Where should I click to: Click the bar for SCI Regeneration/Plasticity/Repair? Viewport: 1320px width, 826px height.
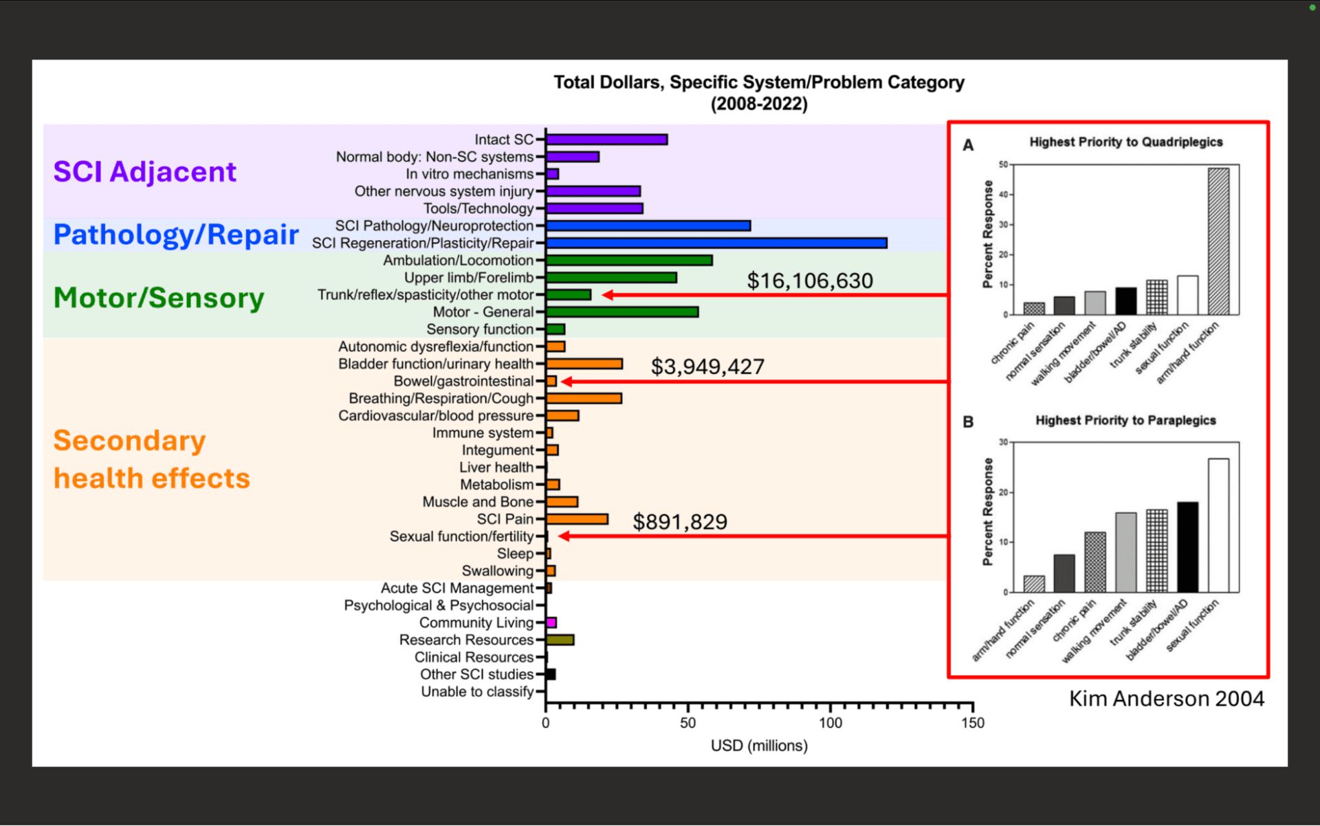click(716, 243)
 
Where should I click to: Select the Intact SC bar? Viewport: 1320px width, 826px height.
click(607, 140)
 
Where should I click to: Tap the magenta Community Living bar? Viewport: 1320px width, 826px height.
click(551, 622)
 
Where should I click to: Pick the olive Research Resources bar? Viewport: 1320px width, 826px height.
click(560, 640)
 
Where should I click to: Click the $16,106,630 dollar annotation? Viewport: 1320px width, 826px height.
click(810, 281)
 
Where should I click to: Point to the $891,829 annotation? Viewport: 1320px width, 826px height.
click(680, 522)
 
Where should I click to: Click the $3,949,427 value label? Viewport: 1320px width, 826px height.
click(707, 367)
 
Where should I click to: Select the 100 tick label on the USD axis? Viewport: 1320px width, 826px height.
click(830, 723)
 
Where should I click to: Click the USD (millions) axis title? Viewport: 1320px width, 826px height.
click(759, 746)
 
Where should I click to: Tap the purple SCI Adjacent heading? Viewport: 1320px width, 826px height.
click(145, 171)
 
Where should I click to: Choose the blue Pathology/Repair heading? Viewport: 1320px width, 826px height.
click(176, 235)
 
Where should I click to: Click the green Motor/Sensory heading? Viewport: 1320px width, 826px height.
click(159, 298)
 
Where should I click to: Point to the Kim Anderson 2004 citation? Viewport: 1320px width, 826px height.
click(1167, 699)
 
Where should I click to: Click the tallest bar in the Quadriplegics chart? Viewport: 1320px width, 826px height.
click(1218, 241)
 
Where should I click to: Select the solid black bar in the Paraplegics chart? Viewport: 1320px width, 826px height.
click(1187, 547)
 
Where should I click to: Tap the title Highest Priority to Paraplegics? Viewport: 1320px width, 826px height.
click(1125, 420)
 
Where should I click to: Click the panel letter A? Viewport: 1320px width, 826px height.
click(968, 145)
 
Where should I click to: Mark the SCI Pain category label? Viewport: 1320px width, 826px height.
click(505, 519)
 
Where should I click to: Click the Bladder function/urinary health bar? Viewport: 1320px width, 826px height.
click(584, 364)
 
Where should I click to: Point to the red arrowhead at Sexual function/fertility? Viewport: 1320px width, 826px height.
click(564, 536)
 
